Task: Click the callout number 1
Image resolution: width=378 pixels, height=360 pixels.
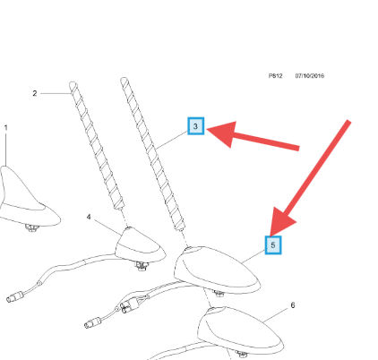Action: (5, 128)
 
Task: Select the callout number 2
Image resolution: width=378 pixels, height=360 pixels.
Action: (35, 93)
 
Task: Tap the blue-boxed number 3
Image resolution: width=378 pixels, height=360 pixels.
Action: (195, 126)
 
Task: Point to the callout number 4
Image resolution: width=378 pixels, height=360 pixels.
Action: (89, 217)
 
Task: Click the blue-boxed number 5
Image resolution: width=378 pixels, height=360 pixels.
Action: (273, 245)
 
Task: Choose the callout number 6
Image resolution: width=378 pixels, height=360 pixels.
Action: (293, 305)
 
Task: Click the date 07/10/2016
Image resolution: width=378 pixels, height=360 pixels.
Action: (310, 76)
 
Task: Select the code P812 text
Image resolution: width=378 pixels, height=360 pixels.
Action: (275, 76)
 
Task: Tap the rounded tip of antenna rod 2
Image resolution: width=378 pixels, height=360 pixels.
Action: (73, 84)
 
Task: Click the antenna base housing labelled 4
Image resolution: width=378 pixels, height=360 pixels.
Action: (140, 246)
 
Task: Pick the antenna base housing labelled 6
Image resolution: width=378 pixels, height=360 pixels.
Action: (239, 329)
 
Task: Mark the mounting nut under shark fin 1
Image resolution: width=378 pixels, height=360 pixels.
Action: (32, 228)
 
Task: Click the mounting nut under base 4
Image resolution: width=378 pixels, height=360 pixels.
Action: (142, 265)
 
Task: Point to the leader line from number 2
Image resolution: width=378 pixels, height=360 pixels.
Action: (56, 93)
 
